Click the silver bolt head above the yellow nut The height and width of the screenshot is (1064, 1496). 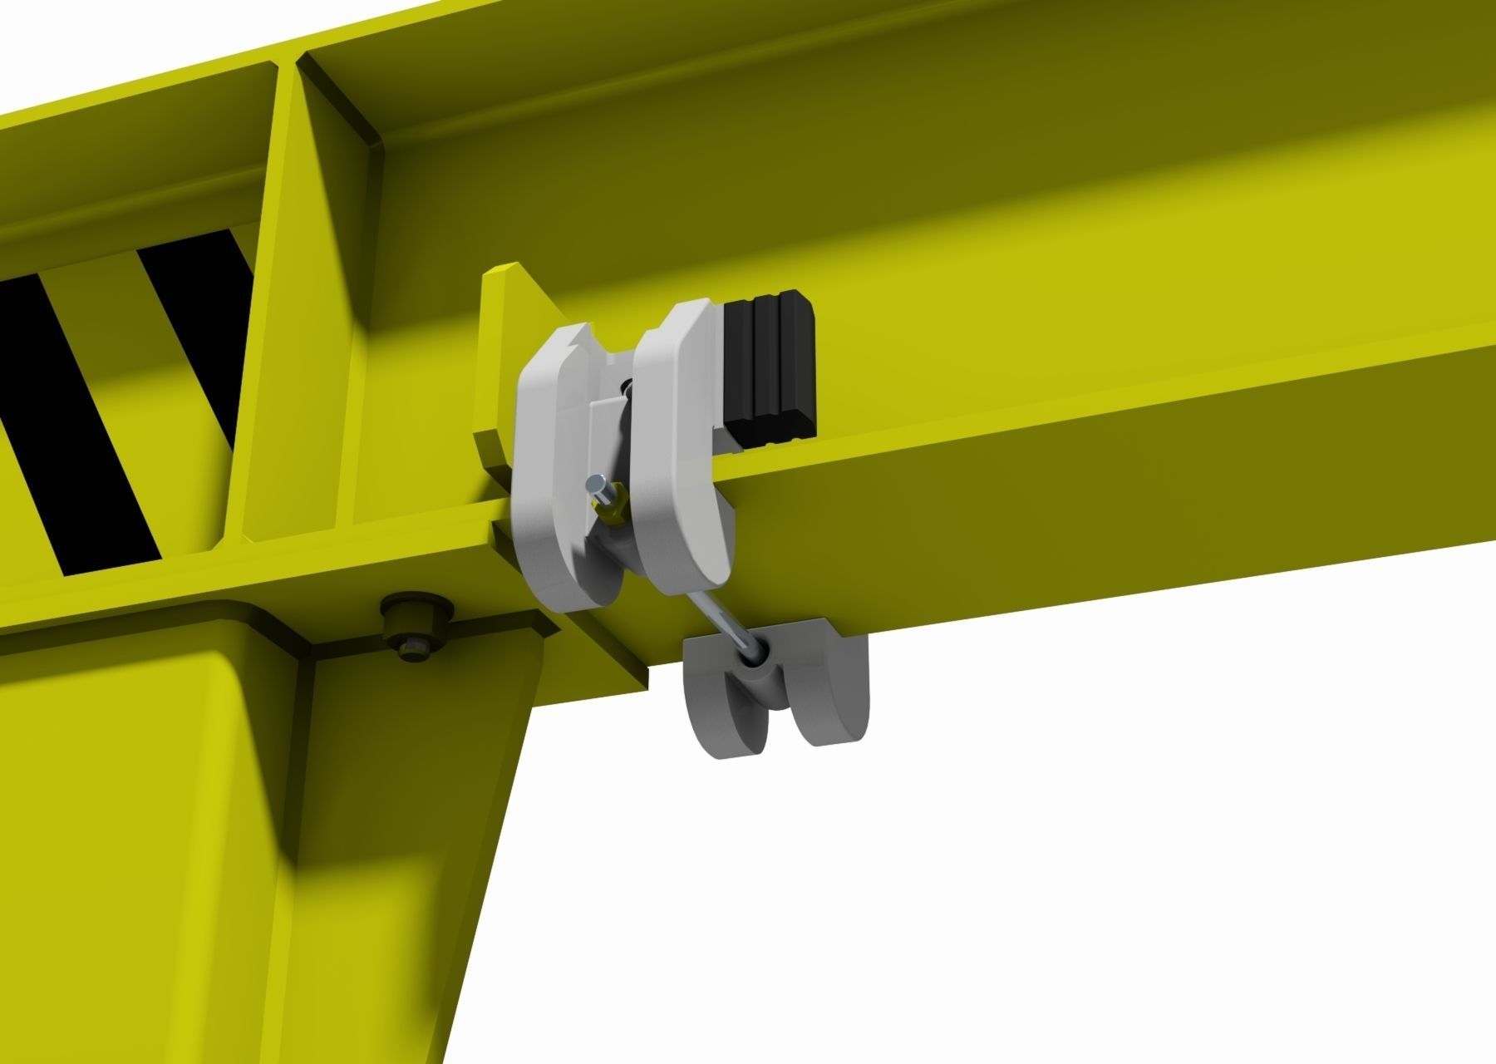(x=595, y=483)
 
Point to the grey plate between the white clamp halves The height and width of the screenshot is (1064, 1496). (x=605, y=432)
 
